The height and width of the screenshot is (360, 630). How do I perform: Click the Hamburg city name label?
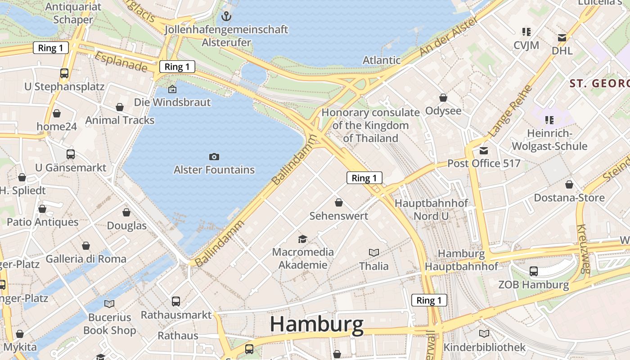317,324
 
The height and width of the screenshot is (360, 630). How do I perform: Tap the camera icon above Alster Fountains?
214,157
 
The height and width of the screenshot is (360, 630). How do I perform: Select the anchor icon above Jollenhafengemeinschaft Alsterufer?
226,17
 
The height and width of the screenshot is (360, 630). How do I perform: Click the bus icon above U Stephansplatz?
64,73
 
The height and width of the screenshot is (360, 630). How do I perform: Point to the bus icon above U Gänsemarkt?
71,154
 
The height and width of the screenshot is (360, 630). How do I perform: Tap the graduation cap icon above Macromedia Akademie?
303,239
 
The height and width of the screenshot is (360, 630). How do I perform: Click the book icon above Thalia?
373,252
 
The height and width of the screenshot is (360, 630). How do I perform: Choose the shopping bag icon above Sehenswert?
339,203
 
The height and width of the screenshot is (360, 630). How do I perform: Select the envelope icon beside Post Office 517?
484,151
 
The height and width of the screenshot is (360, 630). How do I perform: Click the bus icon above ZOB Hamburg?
533,271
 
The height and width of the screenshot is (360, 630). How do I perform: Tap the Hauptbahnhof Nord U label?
431,210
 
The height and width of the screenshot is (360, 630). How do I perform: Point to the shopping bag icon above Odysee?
443,98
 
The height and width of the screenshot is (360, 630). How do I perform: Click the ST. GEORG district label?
599,84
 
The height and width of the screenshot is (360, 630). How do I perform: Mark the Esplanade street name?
121,62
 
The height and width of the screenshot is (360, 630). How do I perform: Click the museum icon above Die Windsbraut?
172,89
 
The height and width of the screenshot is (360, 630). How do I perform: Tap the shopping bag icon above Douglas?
126,212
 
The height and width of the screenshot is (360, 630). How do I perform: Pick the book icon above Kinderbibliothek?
484,333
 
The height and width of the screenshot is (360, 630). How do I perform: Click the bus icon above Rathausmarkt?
176,301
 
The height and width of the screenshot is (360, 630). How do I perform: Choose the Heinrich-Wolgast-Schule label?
549,140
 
